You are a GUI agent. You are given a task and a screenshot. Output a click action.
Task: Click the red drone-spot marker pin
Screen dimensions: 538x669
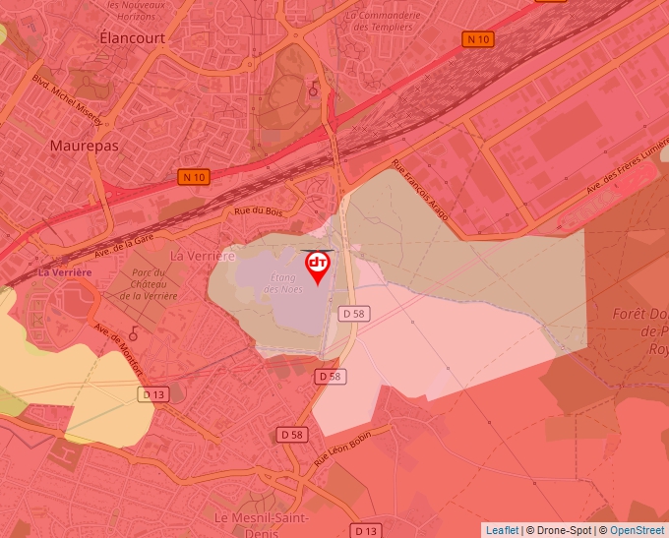tap(318, 267)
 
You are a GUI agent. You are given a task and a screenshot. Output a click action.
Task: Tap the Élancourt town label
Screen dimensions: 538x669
tap(133, 36)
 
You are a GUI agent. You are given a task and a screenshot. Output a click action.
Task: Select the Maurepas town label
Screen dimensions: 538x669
tap(84, 145)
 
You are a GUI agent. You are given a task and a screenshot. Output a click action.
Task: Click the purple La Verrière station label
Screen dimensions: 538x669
tap(65, 271)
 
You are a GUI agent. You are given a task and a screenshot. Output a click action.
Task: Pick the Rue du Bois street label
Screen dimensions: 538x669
tap(259, 210)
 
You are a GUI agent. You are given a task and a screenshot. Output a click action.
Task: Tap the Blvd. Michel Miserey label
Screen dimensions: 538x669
tap(66, 99)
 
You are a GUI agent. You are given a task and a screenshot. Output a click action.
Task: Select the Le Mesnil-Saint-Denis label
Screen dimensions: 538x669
tap(262, 524)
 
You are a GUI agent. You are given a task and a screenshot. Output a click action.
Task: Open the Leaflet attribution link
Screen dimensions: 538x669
tap(502, 530)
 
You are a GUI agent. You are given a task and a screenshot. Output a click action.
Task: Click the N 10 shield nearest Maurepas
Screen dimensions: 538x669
tap(194, 177)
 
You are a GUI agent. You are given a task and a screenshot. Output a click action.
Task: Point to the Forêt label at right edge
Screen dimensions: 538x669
tap(639, 315)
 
